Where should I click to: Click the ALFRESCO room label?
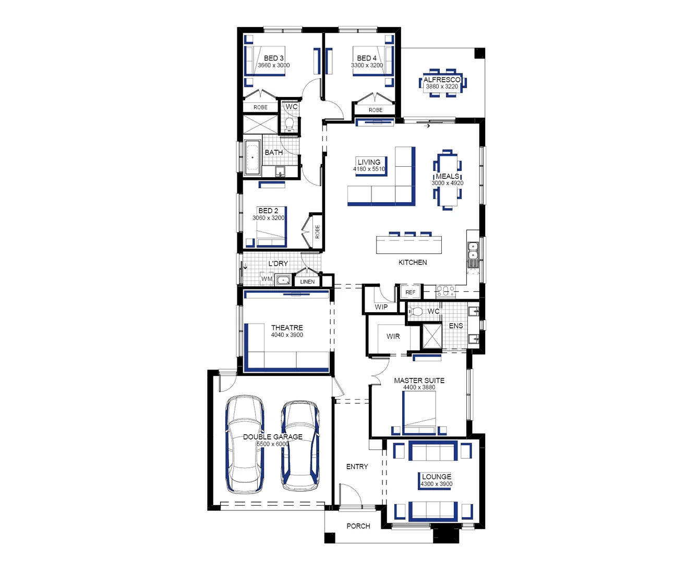coord(442,80)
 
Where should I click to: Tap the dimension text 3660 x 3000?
coord(274,66)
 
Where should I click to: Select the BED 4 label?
coord(367,58)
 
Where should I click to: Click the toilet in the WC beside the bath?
coord(290,124)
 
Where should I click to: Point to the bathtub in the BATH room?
coord(253,157)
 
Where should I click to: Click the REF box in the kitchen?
coord(411,292)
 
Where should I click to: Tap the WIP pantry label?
coord(381,307)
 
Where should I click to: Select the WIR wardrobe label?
coord(393,336)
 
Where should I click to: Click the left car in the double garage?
coord(245,444)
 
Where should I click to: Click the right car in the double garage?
coord(300,446)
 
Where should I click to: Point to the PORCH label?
coord(358,526)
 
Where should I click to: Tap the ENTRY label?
coord(357,467)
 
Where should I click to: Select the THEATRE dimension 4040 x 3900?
coord(287,335)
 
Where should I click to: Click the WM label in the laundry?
coord(267,279)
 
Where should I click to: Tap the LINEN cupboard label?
coord(307,282)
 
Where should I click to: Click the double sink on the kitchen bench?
coord(473,251)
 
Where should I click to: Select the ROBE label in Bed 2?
coord(317,232)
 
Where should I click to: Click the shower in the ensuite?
coord(432,336)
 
